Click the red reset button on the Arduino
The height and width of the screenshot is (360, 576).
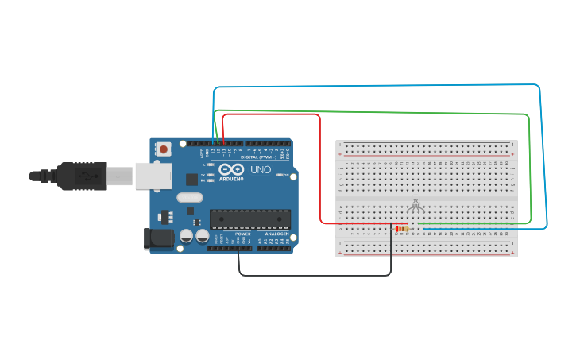click(x=164, y=149)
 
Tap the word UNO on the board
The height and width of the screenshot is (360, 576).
click(x=261, y=169)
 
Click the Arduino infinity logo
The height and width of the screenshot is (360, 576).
click(x=232, y=169)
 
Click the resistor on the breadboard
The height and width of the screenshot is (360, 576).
click(x=402, y=229)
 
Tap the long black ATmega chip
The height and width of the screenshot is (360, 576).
click(x=249, y=219)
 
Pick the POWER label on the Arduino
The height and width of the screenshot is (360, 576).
click(x=243, y=234)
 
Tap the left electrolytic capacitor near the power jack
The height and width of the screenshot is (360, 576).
click(x=186, y=236)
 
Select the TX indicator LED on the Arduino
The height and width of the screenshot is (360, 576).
click(x=210, y=174)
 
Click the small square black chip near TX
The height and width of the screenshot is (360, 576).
click(x=191, y=180)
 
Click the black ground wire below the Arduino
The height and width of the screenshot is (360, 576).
click(x=315, y=276)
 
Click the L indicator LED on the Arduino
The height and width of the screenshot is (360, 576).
click(x=210, y=165)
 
